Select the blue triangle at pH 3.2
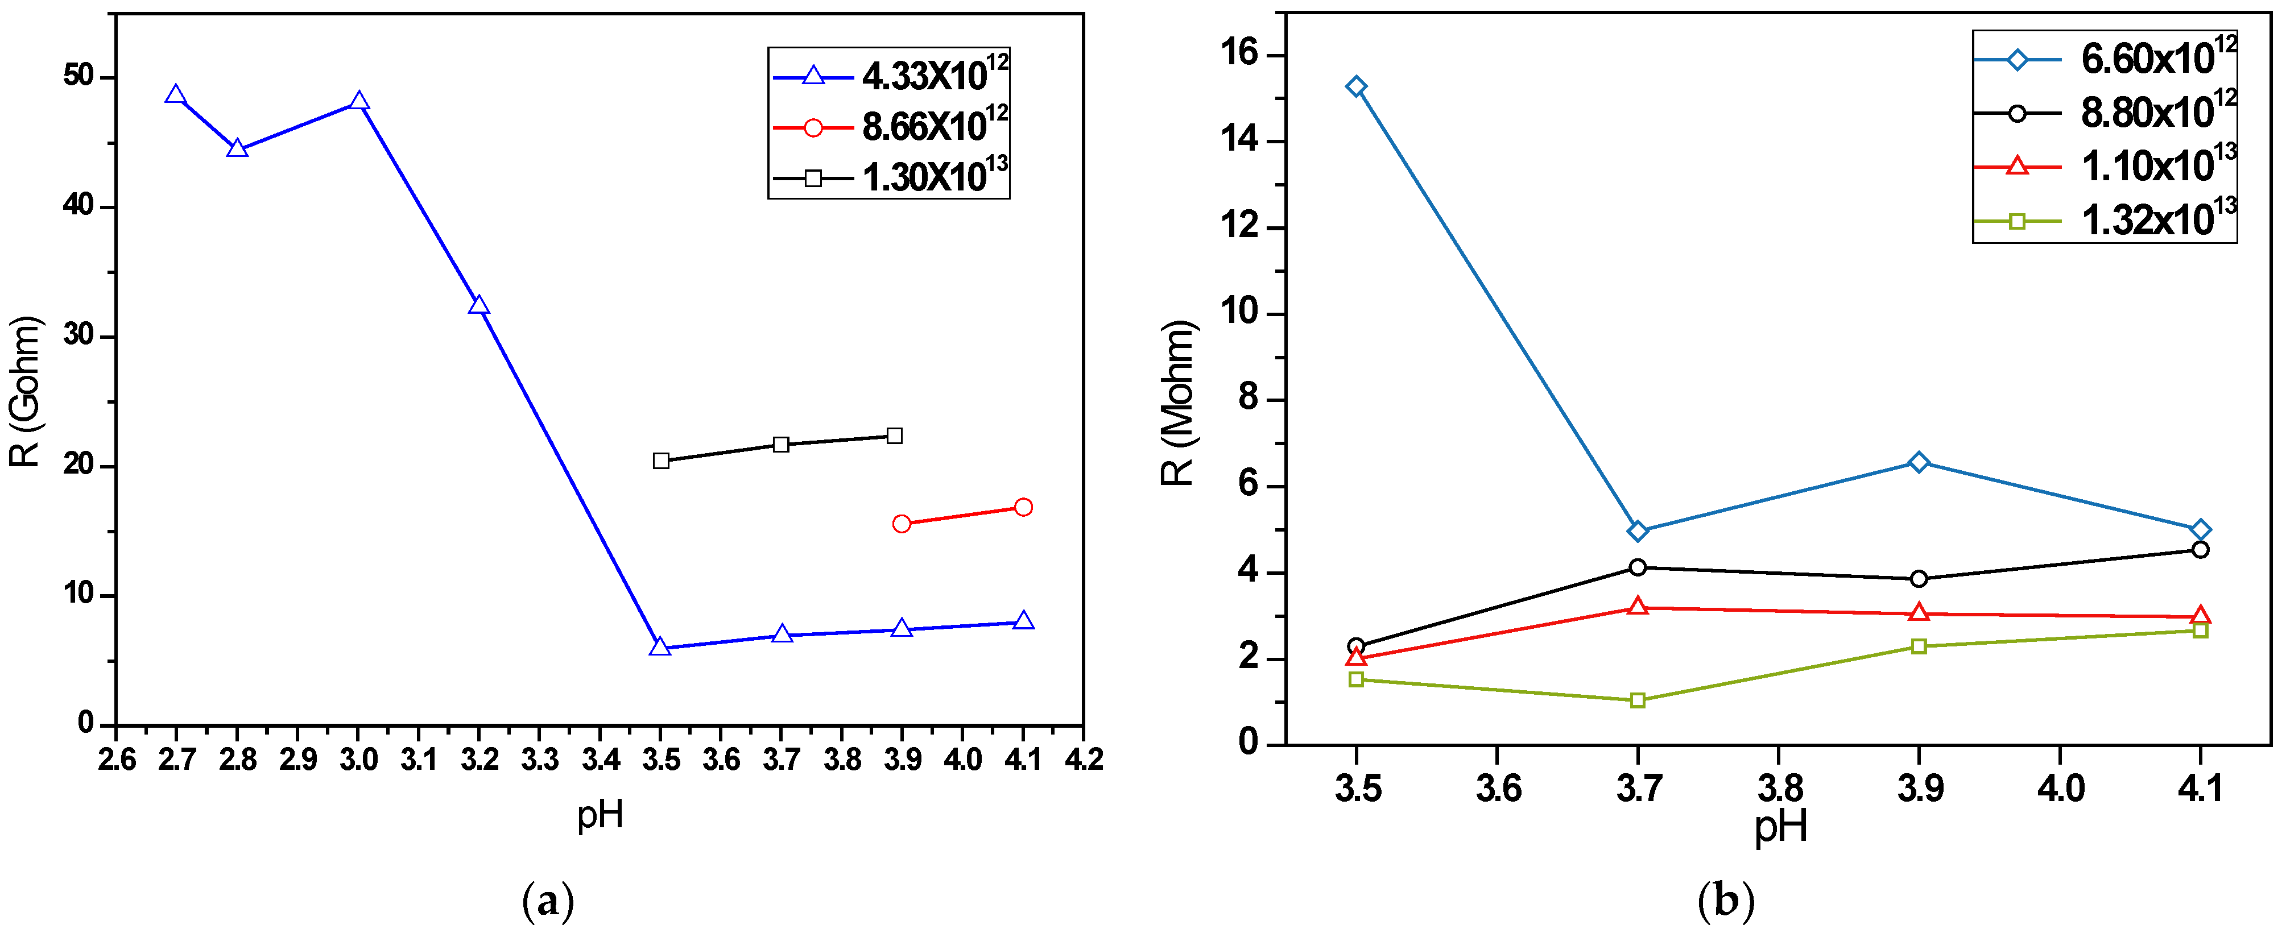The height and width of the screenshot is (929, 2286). [478, 306]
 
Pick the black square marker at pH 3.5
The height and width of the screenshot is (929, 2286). [661, 461]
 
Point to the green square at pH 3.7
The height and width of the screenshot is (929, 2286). [1638, 700]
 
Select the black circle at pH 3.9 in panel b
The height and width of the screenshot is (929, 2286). [1919, 579]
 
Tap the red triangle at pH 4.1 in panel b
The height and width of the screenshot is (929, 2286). [2200, 615]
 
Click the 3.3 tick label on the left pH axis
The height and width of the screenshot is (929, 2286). [540, 760]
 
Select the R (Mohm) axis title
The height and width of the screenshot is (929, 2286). [1179, 403]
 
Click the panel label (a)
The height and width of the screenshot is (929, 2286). [548, 902]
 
